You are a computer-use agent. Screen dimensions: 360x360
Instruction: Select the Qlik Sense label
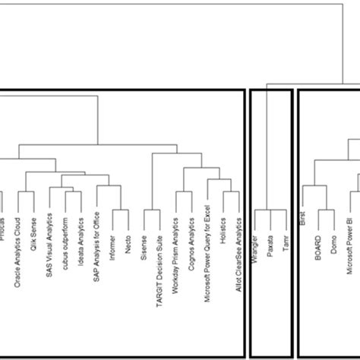coord(33,236)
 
